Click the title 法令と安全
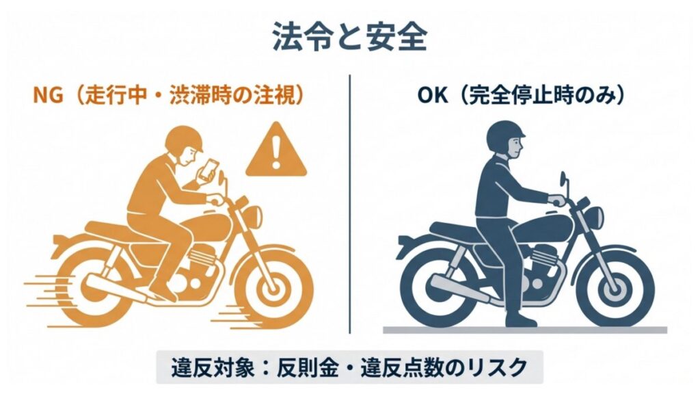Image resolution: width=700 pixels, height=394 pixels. pyautogui.click(x=349, y=38)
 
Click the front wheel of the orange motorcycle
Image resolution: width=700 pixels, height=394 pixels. pyautogui.click(x=273, y=279)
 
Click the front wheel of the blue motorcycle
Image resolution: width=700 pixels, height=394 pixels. pyautogui.click(x=613, y=280)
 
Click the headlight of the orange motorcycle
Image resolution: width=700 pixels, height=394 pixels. pyautogui.click(x=250, y=217)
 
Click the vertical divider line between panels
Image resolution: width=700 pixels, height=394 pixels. pyautogui.click(x=349, y=205)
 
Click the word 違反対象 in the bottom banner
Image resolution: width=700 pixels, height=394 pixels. pyautogui.click(x=202, y=367)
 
